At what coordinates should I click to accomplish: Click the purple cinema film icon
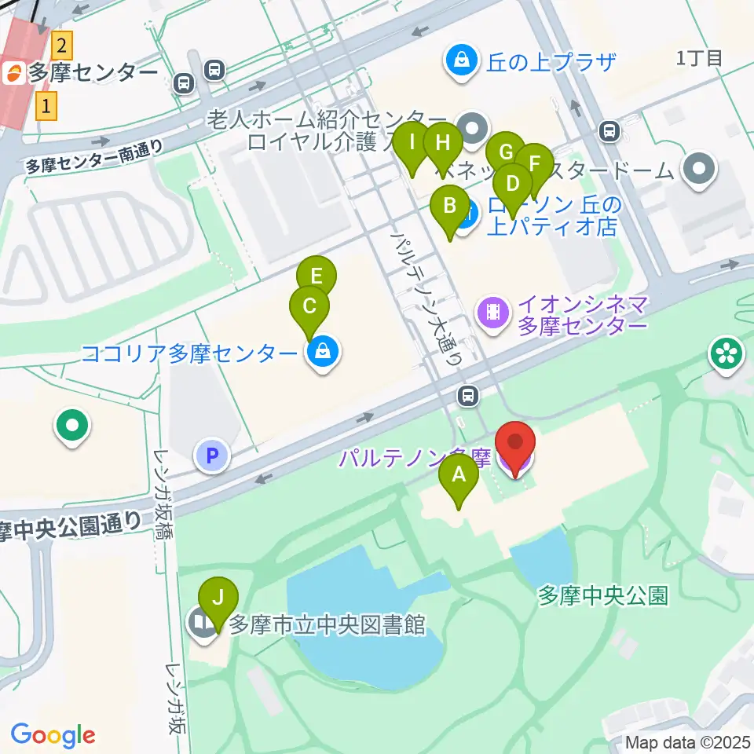click(x=492, y=313)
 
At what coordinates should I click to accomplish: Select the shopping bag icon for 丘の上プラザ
click(x=463, y=59)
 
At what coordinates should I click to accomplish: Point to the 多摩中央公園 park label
click(x=603, y=595)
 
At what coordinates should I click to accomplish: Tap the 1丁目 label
click(x=698, y=58)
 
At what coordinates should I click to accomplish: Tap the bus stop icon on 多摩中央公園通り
click(x=469, y=395)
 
